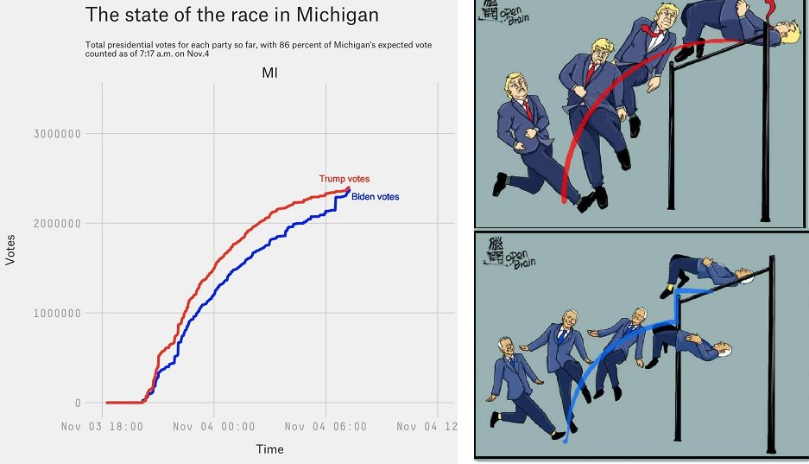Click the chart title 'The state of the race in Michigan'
point(231,15)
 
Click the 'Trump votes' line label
point(344,179)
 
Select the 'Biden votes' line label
point(375,197)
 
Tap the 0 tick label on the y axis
point(78,404)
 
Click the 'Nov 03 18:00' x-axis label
point(103,427)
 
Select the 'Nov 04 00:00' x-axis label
point(214,427)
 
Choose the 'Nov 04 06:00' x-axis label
point(325,427)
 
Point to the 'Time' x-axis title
point(269,449)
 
